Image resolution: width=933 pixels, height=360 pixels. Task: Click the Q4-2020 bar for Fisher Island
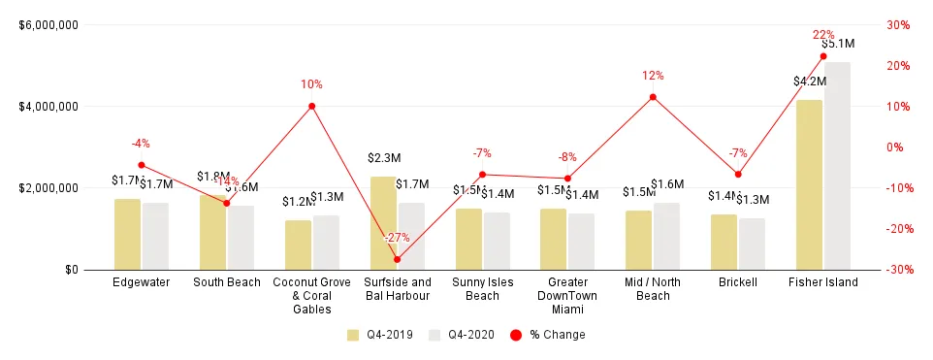[x=837, y=166]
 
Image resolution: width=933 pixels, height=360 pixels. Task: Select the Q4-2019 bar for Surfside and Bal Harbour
[x=383, y=223]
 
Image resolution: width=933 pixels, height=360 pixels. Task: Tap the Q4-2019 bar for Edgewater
[x=127, y=234]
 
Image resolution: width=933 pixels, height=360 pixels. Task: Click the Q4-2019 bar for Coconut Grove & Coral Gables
[x=298, y=245]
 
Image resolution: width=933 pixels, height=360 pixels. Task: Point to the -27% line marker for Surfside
[x=397, y=259]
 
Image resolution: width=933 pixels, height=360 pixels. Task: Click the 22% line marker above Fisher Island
[x=823, y=56]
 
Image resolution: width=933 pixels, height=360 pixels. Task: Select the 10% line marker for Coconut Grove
[x=311, y=106]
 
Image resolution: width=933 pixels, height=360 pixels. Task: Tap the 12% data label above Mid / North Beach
[x=653, y=76]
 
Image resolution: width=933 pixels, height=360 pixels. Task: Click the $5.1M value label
[x=837, y=44]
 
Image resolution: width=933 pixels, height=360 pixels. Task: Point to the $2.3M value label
[x=384, y=157]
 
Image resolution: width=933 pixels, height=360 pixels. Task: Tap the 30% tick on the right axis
[x=897, y=25]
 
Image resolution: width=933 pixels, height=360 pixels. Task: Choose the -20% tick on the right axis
[x=897, y=229]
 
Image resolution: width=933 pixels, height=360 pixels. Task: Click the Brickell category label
[x=738, y=282]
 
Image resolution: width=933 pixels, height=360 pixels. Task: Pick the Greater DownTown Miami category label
[x=567, y=296]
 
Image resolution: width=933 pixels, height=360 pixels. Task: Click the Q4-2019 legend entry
[x=380, y=335]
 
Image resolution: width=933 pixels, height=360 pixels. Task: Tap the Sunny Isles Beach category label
[x=482, y=289]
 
